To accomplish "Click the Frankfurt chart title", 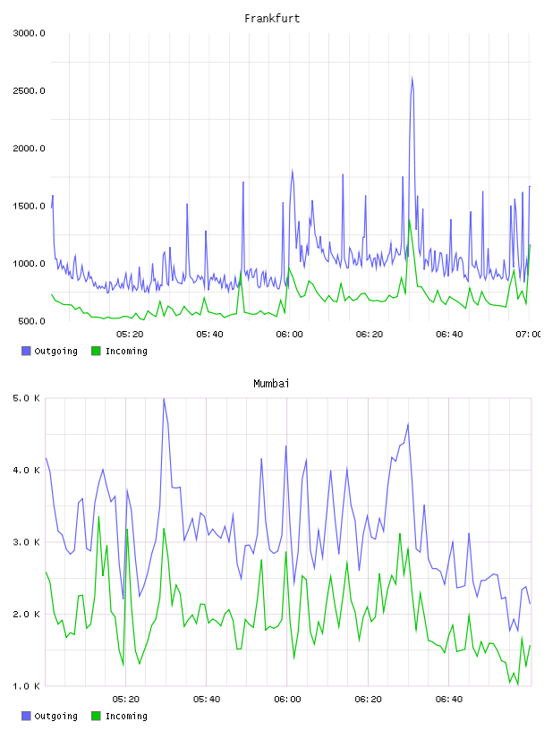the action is click(272, 19).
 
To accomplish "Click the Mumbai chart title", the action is click(271, 384).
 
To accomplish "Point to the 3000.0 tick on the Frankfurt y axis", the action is click(30, 33).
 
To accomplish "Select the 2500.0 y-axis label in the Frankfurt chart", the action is click(30, 90).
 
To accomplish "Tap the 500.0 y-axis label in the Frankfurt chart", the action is click(31, 321).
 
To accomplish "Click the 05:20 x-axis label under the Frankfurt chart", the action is click(130, 335).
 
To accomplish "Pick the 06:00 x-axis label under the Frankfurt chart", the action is click(289, 335).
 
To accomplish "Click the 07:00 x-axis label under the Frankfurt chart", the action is click(529, 335).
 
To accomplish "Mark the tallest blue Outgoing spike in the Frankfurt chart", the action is click(412, 78).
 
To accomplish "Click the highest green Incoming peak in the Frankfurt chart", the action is click(410, 220).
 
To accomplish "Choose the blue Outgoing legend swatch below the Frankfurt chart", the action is click(26, 351).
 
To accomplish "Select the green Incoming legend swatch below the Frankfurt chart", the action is click(96, 351).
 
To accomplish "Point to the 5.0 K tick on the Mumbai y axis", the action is click(27, 398).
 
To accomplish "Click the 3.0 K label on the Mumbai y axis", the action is click(27, 542).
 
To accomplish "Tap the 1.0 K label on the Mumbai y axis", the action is click(27, 686).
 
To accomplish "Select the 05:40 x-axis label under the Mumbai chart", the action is click(207, 700).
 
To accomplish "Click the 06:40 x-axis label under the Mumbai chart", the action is click(449, 700).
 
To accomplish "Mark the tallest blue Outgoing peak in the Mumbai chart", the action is click(164, 400).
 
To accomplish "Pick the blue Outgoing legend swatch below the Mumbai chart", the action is click(26, 716).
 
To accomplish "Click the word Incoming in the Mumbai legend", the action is click(126, 716).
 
